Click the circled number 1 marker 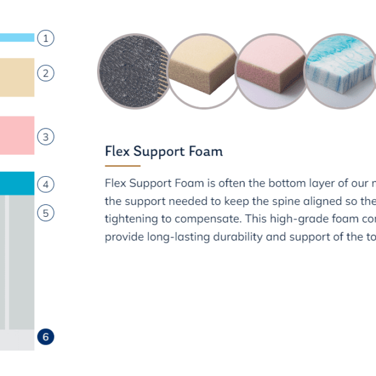[x=46, y=38]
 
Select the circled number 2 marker [x=46, y=73]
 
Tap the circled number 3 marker [x=46, y=137]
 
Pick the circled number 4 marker [x=46, y=184]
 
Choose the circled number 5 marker [x=46, y=212]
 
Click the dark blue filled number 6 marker [x=46, y=337]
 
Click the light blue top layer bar [x=17, y=38]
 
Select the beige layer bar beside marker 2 [x=17, y=78]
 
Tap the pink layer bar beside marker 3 [x=17, y=135]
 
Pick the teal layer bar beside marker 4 [x=17, y=184]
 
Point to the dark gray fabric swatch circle [x=134, y=71]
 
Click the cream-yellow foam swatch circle [x=204, y=71]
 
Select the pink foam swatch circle [x=272, y=71]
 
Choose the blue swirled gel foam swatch [x=340, y=71]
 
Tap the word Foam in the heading [x=206, y=151]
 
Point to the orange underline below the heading [x=123, y=165]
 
